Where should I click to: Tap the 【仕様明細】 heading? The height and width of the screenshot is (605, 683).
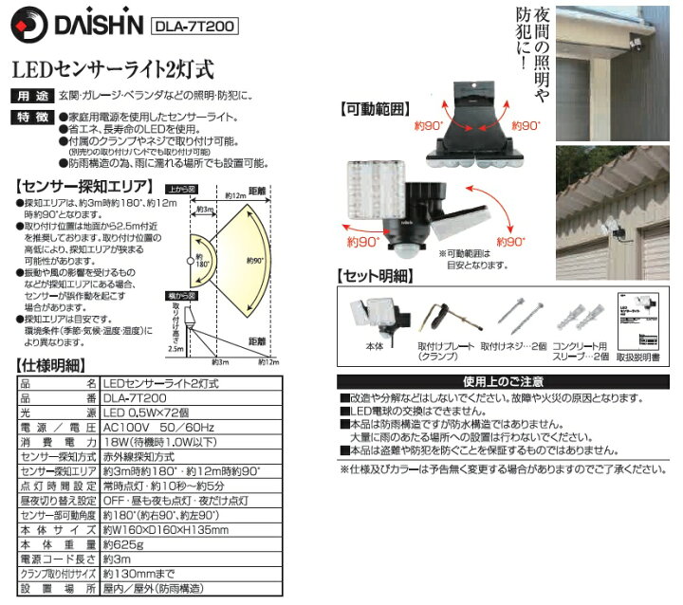pyautogui.click(x=52, y=365)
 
